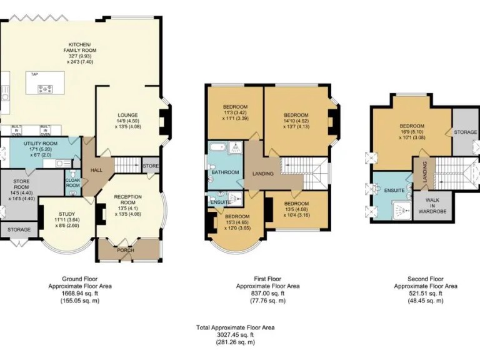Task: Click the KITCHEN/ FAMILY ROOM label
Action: click(80, 46)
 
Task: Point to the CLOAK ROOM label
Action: click(73, 182)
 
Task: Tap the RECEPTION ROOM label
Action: click(128, 199)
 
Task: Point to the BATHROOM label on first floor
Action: click(224, 172)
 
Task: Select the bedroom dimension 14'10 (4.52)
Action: click(296, 121)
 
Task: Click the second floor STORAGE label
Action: click(465, 132)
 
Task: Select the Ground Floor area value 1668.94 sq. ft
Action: click(80, 293)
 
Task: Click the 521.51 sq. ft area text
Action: click(425, 293)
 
